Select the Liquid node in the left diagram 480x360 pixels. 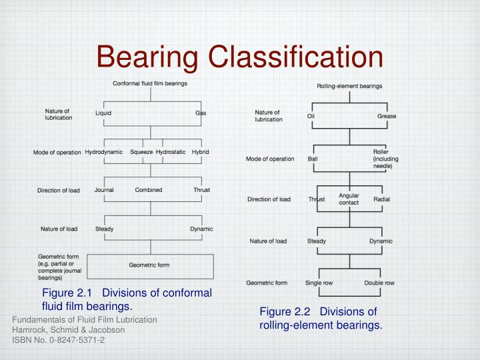pyautogui.click(x=103, y=113)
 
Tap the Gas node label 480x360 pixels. pyautogui.click(x=201, y=113)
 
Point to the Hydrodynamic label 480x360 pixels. pyautogui.click(x=104, y=152)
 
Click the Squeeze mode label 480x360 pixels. pyautogui.click(x=141, y=152)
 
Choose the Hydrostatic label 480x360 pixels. pyautogui.click(x=171, y=152)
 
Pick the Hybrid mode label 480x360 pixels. pyautogui.click(x=201, y=152)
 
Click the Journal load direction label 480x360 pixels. pyautogui.click(x=104, y=190)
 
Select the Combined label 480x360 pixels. pyautogui.click(x=149, y=190)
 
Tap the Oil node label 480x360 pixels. pyautogui.click(x=311, y=116)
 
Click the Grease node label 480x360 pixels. pyautogui.click(x=387, y=116)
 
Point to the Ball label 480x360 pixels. pyautogui.click(x=312, y=159)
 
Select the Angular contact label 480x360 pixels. pyautogui.click(x=349, y=199)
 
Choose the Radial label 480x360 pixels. pyautogui.click(x=382, y=199)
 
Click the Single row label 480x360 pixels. pyautogui.click(x=319, y=283)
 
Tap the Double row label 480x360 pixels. pyautogui.click(x=379, y=283)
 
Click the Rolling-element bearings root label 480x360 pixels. pyautogui.click(x=349, y=86)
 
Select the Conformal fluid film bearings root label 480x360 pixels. pyautogui.click(x=150, y=83)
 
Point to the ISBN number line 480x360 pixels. pyautogui.click(x=59, y=339)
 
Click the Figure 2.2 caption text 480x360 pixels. pyautogui.click(x=321, y=318)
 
